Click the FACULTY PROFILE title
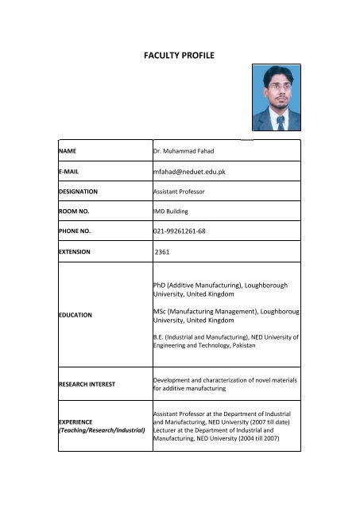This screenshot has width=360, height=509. pos(180,56)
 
